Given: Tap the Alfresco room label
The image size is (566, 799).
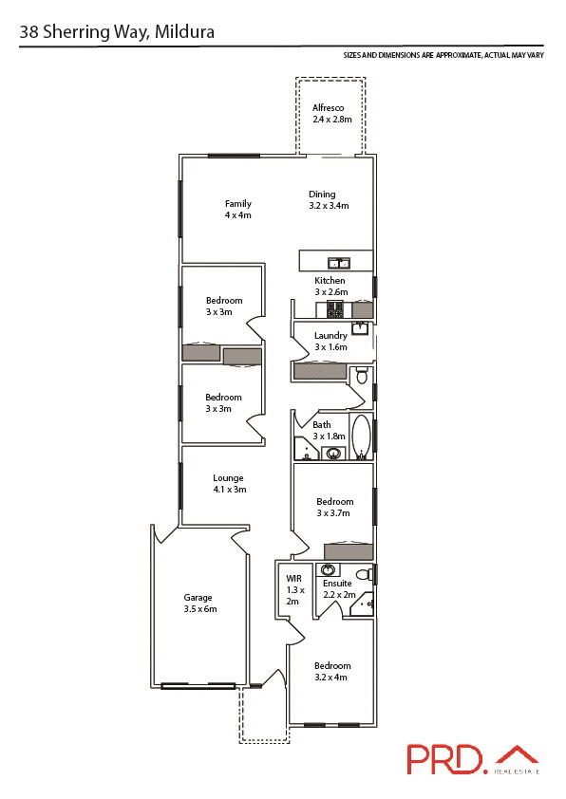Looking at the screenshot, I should (x=332, y=114).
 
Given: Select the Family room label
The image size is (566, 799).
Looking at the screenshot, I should (x=237, y=209).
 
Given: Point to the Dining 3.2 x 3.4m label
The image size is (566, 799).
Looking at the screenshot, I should (x=328, y=199).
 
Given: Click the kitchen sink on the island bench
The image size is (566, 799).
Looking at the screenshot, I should (x=338, y=262).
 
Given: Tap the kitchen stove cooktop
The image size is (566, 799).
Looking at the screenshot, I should (x=334, y=309).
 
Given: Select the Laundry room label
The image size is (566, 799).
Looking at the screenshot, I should (x=330, y=341).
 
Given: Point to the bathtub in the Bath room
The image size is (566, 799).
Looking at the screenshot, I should (x=361, y=437).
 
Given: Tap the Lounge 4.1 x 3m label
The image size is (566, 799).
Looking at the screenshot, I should (x=228, y=484).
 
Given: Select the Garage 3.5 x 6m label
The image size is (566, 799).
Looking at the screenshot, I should (x=199, y=603).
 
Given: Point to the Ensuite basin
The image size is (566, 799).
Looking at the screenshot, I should (x=328, y=569).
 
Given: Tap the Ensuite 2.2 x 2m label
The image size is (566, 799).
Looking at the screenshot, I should (x=338, y=588).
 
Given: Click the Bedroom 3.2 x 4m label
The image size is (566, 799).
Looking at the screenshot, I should (x=332, y=671).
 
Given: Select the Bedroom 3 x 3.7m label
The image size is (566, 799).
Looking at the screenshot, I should (x=334, y=507).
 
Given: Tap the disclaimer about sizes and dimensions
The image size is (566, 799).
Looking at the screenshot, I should (x=443, y=56).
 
